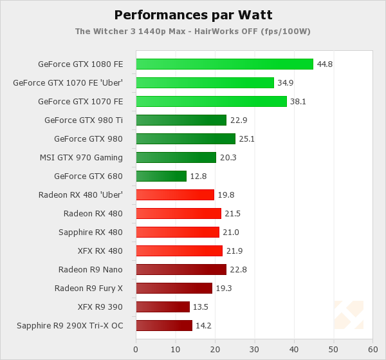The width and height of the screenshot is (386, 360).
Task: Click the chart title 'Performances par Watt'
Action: tap(192, 14)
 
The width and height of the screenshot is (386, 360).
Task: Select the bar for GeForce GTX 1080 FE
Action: tap(225, 64)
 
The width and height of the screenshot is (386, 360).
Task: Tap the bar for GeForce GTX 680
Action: tap(161, 176)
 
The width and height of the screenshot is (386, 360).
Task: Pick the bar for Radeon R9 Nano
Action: tap(181, 269)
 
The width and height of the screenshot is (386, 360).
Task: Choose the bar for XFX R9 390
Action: tap(163, 307)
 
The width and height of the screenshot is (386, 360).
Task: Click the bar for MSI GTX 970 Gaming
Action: tap(176, 157)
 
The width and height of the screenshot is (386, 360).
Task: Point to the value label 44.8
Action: tap(325, 64)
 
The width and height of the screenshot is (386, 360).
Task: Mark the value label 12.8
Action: tap(198, 176)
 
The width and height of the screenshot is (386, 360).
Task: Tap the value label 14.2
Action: tap(204, 325)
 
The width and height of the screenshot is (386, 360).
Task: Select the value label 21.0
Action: tap(231, 232)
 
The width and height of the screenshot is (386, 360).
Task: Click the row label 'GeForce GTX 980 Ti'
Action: tap(84, 120)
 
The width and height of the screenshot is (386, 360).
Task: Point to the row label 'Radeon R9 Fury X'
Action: tap(89, 288)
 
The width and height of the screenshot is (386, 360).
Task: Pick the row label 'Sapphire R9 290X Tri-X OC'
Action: tap(70, 325)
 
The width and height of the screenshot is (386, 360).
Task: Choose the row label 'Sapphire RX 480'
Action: tap(91, 232)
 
